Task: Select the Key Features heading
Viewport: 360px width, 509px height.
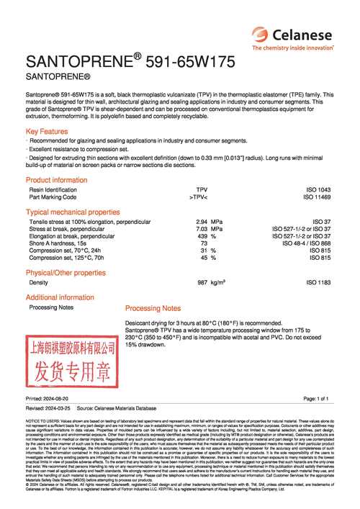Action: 47,132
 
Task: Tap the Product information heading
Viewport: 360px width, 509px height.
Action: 56,180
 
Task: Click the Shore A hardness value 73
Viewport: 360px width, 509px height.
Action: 204,243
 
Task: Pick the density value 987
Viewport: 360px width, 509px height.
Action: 202,283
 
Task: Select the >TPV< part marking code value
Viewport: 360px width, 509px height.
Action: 198,197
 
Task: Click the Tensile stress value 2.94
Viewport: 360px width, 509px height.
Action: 202,222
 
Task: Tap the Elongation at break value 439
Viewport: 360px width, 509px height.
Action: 202,236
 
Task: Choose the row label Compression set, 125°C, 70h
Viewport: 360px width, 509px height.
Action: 66,257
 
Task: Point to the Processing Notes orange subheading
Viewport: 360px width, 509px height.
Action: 153,307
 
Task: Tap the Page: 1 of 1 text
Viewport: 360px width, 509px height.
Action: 315,398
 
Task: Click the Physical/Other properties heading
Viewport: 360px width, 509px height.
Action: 66,273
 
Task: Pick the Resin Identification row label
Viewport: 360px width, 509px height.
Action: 58,189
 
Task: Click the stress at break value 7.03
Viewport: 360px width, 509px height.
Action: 202,229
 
